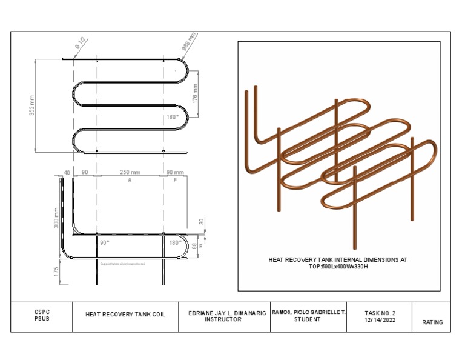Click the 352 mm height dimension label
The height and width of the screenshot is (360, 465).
click(x=31, y=105)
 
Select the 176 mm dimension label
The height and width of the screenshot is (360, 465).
click(x=195, y=92)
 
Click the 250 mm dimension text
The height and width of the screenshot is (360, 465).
click(x=130, y=173)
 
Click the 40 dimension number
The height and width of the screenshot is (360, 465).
click(x=67, y=173)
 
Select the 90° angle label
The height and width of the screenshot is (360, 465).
click(x=105, y=242)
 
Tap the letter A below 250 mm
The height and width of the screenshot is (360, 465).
click(x=130, y=181)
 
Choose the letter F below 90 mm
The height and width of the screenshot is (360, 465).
click(x=175, y=181)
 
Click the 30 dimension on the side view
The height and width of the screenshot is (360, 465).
click(x=202, y=222)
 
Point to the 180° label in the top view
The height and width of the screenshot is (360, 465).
click(x=173, y=117)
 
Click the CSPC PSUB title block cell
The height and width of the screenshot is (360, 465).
click(x=42, y=316)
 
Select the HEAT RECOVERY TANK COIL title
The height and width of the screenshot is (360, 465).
click(x=125, y=315)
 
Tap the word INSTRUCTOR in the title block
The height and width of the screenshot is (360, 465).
click(x=223, y=319)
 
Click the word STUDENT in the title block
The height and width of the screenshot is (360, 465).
click(x=308, y=319)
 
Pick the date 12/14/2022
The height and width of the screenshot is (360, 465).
click(x=380, y=320)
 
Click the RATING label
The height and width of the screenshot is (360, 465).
click(x=432, y=322)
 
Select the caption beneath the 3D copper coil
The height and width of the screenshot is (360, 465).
click(x=338, y=263)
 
